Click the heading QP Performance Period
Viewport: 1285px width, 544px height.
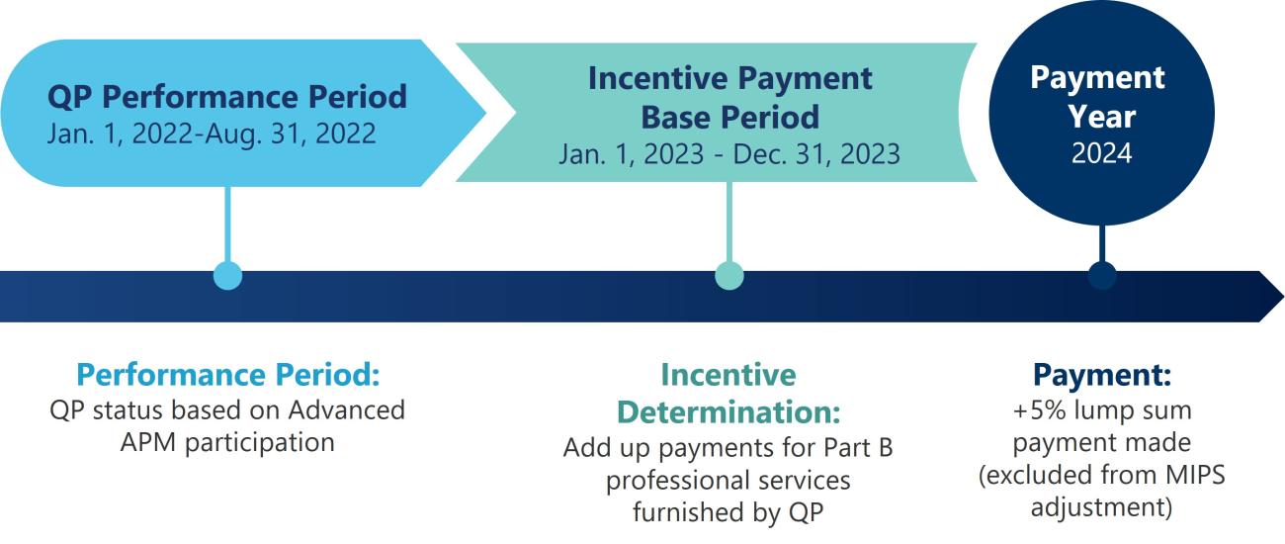227,96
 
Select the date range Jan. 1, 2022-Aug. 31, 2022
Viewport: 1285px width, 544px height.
212,134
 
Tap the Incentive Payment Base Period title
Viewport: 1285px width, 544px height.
729,97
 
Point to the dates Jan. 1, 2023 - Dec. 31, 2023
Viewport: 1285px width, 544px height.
729,154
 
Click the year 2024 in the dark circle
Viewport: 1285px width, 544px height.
1101,154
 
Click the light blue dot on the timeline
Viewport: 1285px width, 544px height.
227,276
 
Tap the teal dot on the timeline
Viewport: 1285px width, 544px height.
729,276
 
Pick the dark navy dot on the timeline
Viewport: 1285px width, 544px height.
1101,276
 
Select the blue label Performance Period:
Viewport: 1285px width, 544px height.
227,376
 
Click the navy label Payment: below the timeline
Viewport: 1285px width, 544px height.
1101,376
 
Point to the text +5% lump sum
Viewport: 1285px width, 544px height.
1101,409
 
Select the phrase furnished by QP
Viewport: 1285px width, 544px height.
729,512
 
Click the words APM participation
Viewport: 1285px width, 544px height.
227,441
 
